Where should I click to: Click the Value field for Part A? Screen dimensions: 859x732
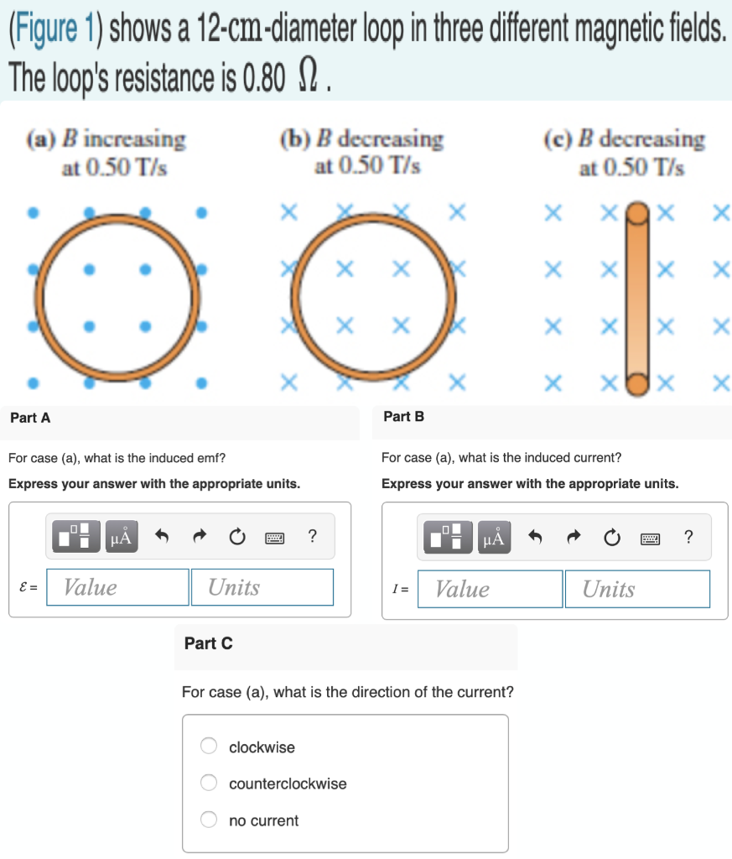pos(117,587)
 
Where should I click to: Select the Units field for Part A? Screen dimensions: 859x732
pos(262,587)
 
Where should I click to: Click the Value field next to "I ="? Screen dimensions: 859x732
pos(490,589)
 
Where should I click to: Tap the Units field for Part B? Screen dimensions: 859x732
pos(637,589)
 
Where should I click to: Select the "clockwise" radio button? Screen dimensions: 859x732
pos(209,747)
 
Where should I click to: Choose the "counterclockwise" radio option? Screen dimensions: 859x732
pos(209,784)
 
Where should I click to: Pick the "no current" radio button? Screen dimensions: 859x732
pos(209,820)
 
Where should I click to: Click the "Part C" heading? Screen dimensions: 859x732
pos(208,643)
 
